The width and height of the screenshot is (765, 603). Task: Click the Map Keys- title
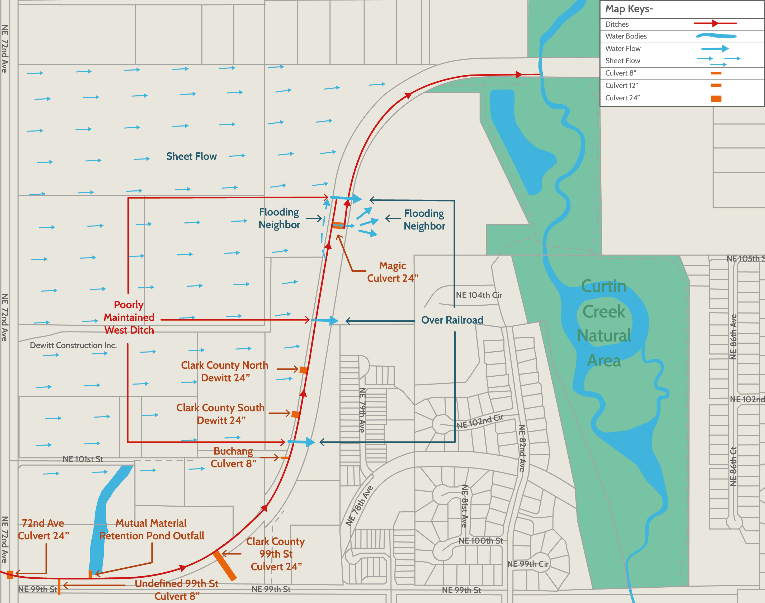tap(629, 9)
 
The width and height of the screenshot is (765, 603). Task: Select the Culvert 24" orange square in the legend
tap(716, 99)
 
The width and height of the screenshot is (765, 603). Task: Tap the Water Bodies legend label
tap(626, 36)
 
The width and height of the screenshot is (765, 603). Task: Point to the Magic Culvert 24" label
tap(392, 272)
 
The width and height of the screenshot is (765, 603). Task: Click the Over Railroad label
tap(452, 320)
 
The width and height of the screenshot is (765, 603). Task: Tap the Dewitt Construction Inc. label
tap(73, 345)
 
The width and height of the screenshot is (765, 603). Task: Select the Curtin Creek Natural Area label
tap(604, 323)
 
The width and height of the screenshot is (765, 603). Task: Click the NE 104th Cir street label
tap(479, 295)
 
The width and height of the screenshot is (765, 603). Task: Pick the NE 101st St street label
tap(83, 459)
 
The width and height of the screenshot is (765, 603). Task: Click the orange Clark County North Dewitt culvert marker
tap(303, 370)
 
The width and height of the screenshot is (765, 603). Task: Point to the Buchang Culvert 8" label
tap(233, 457)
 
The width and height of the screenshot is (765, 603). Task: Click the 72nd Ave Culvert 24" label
tap(43, 529)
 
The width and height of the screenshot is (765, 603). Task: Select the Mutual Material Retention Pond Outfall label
tap(152, 529)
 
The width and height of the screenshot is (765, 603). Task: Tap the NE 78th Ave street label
tap(359, 506)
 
